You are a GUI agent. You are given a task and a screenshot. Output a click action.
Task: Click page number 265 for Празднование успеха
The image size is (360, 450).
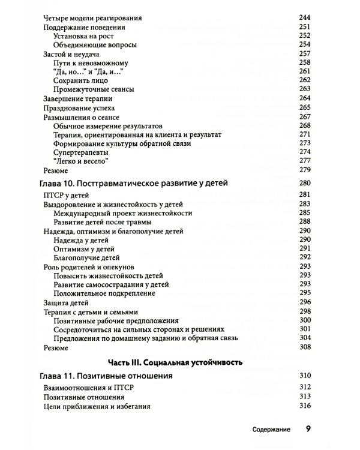(305, 107)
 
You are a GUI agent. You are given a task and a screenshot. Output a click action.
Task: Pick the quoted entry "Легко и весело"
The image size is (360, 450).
(82, 161)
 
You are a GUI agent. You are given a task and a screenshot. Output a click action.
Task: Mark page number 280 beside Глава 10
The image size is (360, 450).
(305, 184)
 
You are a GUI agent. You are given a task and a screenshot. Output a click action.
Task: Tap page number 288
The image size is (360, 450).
(305, 222)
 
